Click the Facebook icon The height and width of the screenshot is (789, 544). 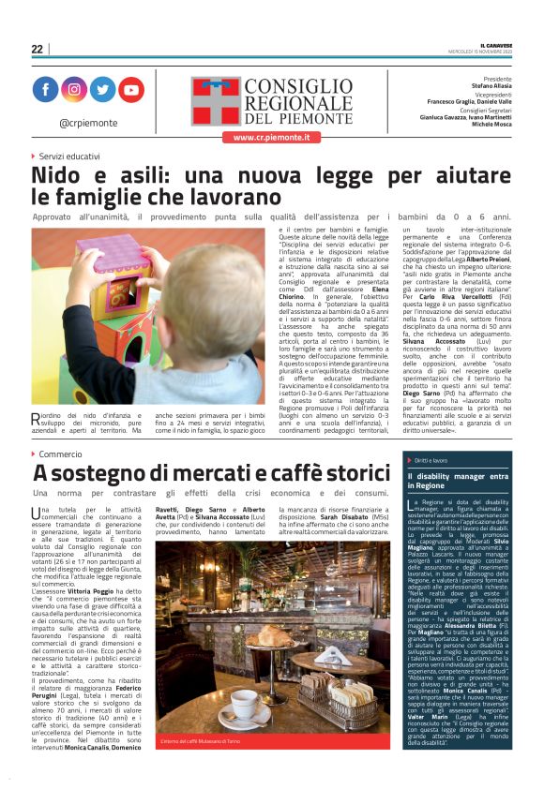(45, 89)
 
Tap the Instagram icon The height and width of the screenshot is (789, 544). (73, 89)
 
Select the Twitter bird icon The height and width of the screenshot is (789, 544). (101, 89)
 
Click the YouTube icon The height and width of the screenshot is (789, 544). (130, 89)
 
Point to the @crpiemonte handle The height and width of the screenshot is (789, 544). (87, 122)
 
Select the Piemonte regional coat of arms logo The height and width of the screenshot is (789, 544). (215, 101)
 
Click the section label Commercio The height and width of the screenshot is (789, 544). (60, 454)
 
